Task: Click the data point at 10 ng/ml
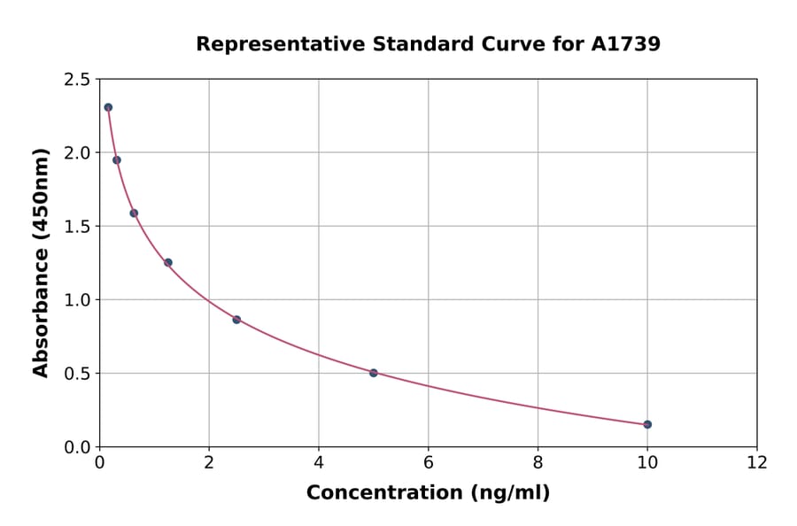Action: [x=647, y=424]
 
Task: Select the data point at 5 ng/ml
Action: [x=374, y=373]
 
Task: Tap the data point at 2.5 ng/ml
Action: [x=236, y=320]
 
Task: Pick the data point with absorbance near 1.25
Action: [x=168, y=262]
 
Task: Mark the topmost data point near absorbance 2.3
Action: [x=108, y=107]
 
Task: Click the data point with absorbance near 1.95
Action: [x=117, y=160]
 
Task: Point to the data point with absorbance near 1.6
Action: [x=134, y=213]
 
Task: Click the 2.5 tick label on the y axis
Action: [x=76, y=80]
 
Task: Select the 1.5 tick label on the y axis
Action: [x=76, y=227]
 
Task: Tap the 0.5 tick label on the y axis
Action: [x=76, y=374]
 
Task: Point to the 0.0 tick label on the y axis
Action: [x=76, y=447]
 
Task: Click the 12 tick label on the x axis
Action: [x=757, y=462]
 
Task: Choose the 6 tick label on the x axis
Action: [x=429, y=462]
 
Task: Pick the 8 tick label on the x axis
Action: [x=538, y=462]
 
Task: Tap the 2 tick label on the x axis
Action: [x=209, y=462]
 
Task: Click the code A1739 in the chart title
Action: [x=626, y=44]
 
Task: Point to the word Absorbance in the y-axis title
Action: [x=41, y=313]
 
